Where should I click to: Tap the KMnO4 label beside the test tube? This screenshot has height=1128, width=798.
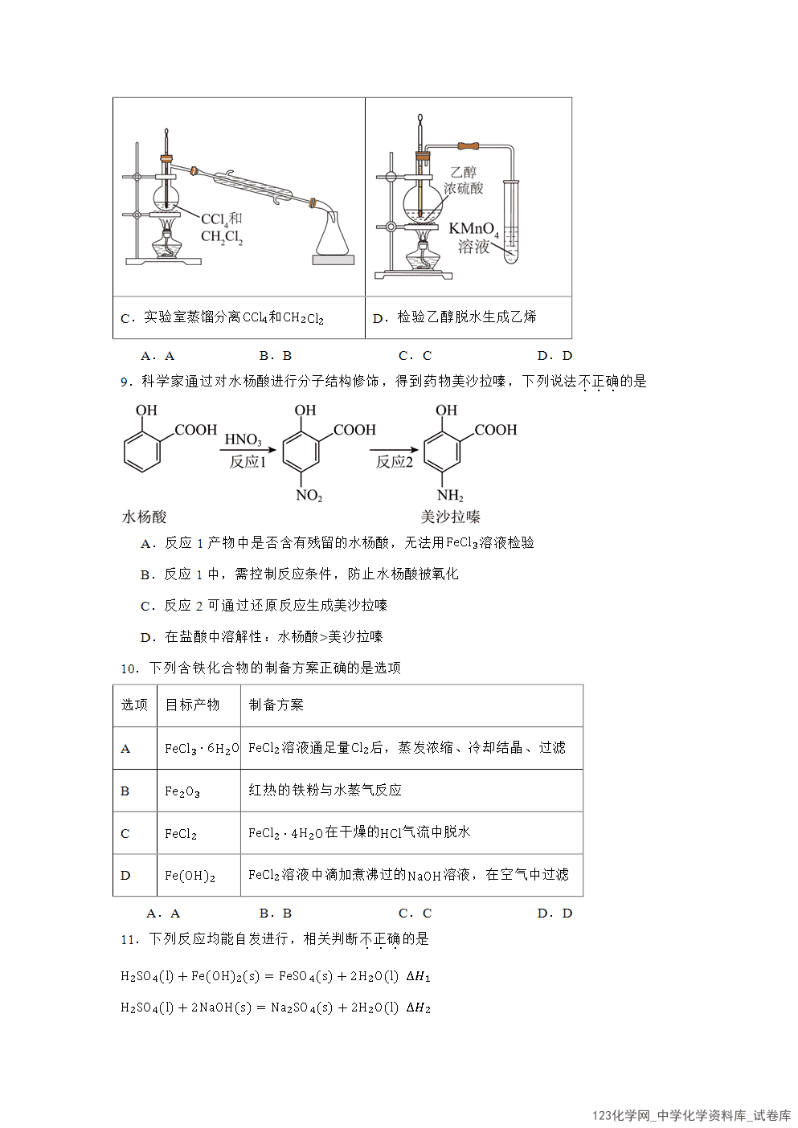coord(473,229)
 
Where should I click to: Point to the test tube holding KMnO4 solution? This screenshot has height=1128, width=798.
coord(511,222)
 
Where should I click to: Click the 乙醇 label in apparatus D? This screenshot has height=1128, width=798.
coord(463,172)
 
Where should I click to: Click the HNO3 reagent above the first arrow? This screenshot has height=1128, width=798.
coord(243,439)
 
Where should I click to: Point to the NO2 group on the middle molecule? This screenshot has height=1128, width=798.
coord(309,496)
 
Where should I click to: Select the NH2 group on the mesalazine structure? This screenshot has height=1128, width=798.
coord(450,496)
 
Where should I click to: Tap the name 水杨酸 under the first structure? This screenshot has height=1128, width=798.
coord(144,517)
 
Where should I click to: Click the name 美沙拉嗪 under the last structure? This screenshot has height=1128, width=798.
coord(450,517)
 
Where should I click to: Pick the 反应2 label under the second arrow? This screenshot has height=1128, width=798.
coord(394,462)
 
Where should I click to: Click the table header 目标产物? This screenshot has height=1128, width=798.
coord(192,705)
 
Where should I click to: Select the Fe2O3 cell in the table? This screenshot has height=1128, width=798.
coord(182,791)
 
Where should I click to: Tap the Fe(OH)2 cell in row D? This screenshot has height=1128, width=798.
coord(190,877)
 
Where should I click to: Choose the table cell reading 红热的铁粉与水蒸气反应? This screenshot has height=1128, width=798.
coord(325,790)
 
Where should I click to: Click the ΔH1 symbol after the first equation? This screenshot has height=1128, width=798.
coord(418,976)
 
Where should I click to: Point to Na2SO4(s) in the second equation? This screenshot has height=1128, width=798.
coord(302,1007)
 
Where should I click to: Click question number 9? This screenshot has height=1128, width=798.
coord(127,382)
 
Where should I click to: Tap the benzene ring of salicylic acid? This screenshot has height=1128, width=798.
coord(142,452)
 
